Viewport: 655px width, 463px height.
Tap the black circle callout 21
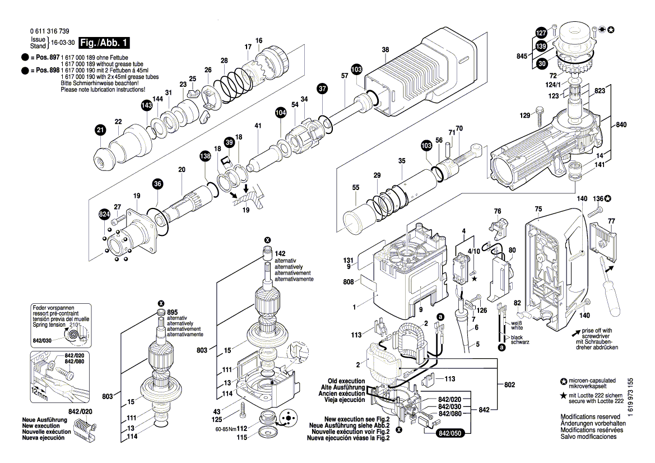(100, 131)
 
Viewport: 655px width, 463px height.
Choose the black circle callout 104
(280, 113)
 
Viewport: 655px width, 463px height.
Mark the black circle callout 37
(322, 88)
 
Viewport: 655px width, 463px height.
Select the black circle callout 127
(541, 32)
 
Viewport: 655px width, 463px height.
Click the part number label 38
(385, 50)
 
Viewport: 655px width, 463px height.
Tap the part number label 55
(355, 188)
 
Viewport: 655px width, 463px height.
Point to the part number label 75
(538, 209)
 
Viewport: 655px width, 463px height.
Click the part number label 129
(524, 115)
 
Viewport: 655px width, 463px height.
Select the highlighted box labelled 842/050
(452, 433)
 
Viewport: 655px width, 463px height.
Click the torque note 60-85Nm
(225, 429)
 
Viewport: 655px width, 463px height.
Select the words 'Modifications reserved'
(591, 417)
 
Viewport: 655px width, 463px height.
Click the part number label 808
(348, 282)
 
